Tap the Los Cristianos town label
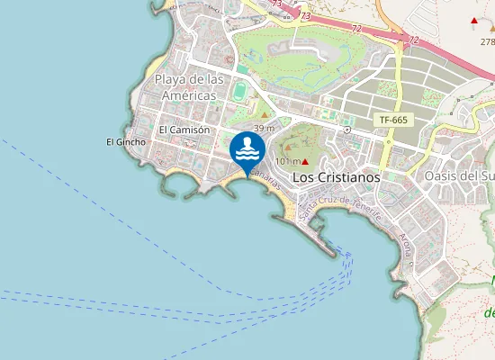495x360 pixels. click(337, 177)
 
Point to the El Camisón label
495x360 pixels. click(184, 130)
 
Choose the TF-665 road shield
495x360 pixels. click(394, 120)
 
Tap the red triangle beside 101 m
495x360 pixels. click(306, 161)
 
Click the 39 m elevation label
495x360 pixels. click(263, 129)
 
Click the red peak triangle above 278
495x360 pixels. click(474, 20)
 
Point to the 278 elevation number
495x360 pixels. click(487, 41)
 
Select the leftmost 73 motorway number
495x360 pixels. click(276, 4)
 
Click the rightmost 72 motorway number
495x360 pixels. click(413, 40)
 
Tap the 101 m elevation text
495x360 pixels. click(286, 161)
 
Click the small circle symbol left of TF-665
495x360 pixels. click(346, 130)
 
